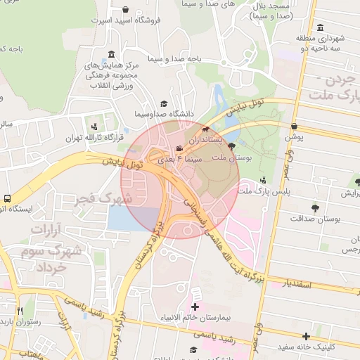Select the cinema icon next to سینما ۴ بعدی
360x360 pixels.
(x=180, y=148)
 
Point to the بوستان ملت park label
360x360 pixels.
(x=236, y=160)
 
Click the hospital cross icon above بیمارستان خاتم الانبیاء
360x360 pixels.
(x=195, y=307)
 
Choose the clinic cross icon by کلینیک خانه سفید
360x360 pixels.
(x=306, y=336)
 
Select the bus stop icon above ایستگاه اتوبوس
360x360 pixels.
(x=6, y=198)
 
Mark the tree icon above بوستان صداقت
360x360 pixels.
(x=316, y=208)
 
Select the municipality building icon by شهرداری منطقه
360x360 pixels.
(x=321, y=27)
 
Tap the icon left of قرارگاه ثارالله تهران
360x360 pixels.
(x=94, y=127)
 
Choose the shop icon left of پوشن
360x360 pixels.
(x=294, y=127)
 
